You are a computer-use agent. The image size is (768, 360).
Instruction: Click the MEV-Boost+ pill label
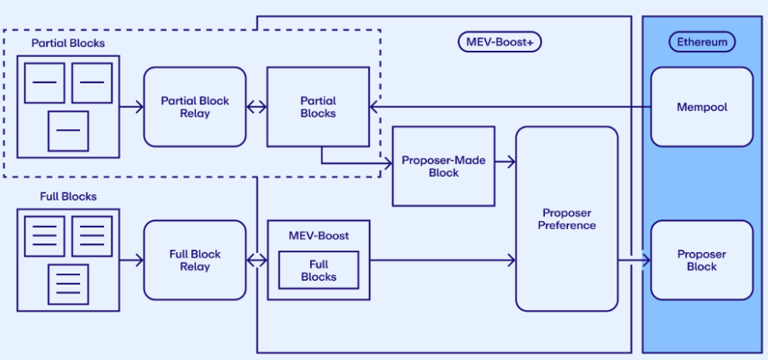click(500, 42)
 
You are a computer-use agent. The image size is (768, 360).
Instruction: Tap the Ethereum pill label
click(701, 42)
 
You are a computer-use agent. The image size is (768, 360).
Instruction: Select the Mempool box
click(701, 106)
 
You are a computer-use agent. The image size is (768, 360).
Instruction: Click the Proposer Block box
click(701, 260)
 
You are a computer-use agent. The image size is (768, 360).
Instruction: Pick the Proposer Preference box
click(566, 219)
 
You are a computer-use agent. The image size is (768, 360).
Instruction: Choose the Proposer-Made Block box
click(443, 166)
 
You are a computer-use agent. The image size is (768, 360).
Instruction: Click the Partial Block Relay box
click(194, 107)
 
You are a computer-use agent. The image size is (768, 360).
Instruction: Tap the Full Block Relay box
click(194, 260)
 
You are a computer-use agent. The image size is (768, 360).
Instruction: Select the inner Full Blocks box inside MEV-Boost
click(318, 270)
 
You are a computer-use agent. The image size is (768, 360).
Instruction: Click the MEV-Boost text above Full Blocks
click(318, 236)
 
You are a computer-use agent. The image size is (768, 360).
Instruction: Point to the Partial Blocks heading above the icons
click(67, 43)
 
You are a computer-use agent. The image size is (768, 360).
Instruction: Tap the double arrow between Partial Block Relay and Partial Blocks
click(256, 107)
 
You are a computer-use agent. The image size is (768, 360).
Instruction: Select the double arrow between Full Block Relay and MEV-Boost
click(256, 260)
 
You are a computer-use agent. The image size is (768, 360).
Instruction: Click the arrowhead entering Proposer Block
click(645, 260)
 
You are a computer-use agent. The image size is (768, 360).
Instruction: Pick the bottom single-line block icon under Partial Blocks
click(68, 131)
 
